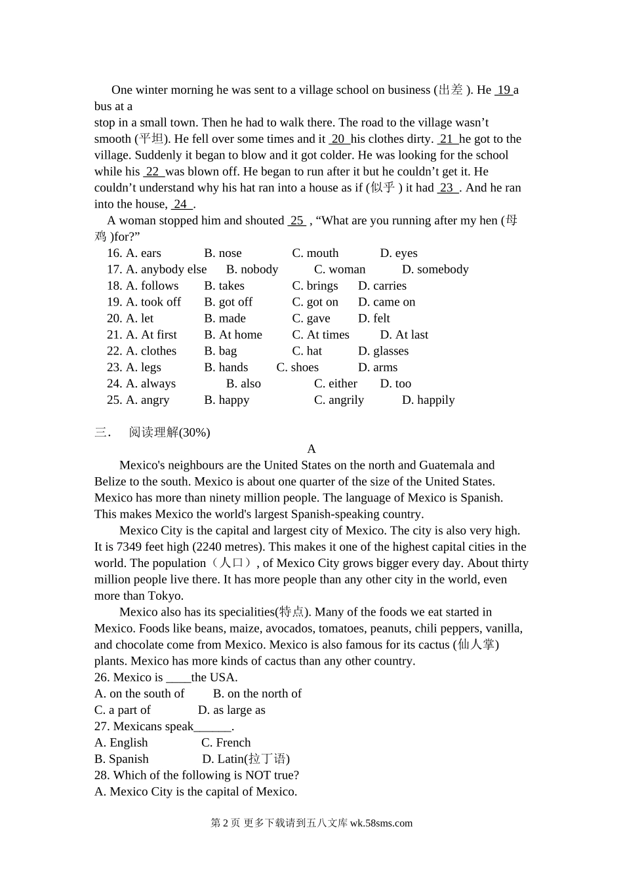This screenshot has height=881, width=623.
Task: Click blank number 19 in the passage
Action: coord(504,90)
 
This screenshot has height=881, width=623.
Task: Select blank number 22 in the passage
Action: coord(152,172)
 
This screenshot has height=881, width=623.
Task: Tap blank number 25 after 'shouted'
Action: coord(297,221)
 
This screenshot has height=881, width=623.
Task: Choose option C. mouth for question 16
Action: coord(315,253)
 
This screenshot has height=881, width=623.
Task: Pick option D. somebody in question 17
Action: coord(435,269)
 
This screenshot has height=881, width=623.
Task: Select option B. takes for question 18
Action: coord(224,286)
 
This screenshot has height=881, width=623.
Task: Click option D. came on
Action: coord(386,302)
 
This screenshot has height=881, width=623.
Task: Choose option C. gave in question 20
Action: coord(311,319)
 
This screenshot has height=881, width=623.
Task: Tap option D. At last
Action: coord(404,335)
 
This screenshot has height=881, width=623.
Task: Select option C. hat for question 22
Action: coord(307,351)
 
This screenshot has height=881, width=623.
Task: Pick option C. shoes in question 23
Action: coord(297,368)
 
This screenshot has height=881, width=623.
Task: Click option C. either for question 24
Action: coord(335,384)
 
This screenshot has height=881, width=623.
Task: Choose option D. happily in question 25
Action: coord(428,401)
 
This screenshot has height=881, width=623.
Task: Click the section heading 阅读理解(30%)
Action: coord(169,433)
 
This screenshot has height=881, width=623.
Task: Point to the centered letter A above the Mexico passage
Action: coord(311,449)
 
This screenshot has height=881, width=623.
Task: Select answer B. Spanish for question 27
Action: coord(121,759)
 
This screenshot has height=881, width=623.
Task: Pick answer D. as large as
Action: coord(231,710)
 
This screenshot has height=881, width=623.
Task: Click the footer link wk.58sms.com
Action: coord(381,823)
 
